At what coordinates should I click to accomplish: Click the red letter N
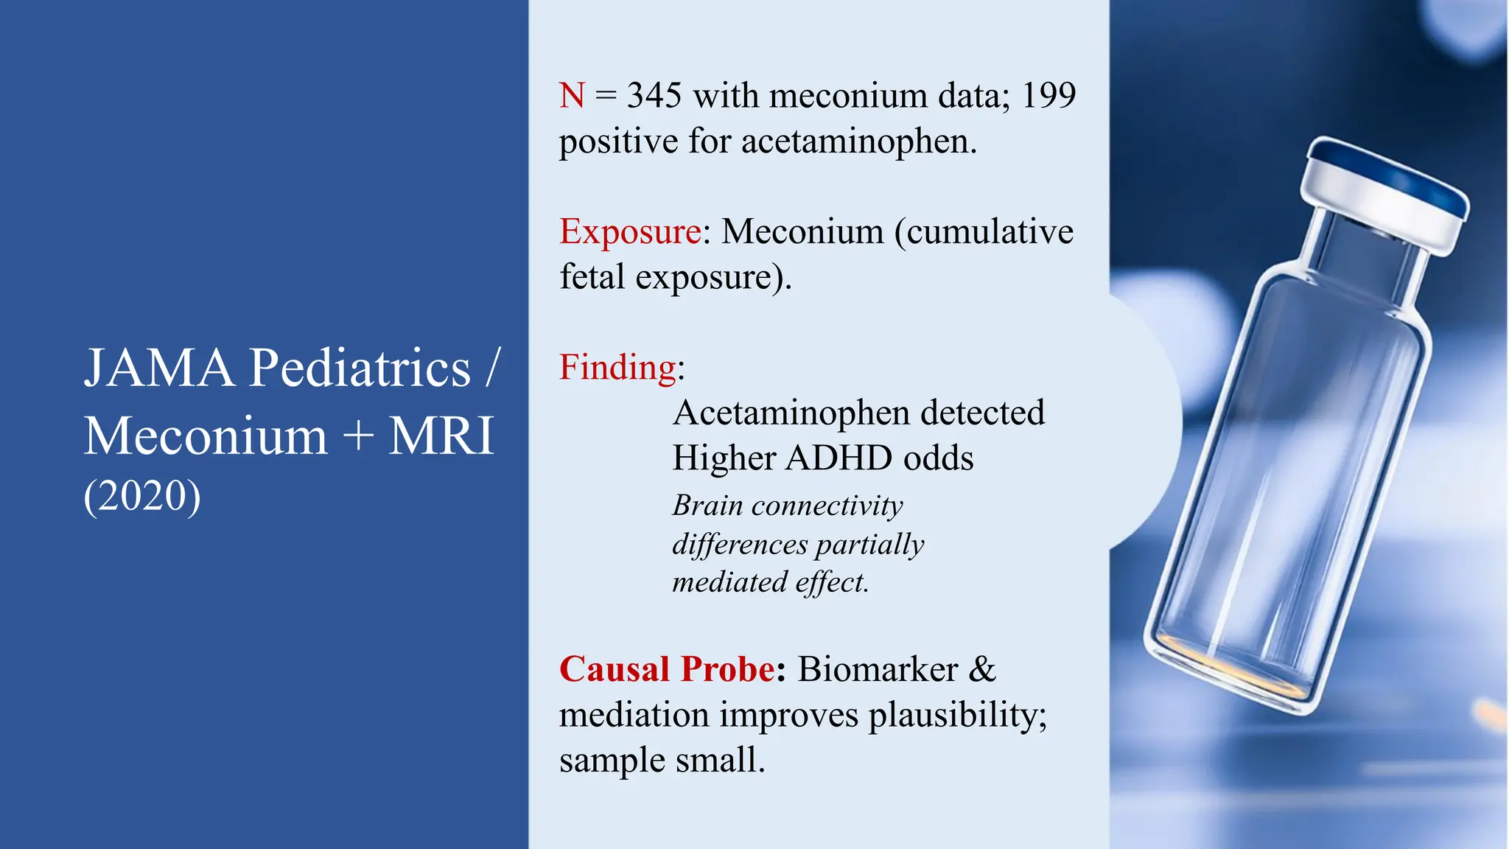[x=572, y=96]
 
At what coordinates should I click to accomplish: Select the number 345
[x=654, y=96]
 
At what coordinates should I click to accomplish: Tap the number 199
[x=1048, y=96]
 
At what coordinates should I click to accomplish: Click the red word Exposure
[x=630, y=232]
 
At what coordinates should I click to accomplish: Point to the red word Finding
[x=617, y=367]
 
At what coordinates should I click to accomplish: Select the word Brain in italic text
[x=707, y=506]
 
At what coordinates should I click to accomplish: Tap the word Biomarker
[x=878, y=669]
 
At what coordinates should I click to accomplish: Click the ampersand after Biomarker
[x=982, y=669]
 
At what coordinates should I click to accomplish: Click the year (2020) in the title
[x=142, y=495]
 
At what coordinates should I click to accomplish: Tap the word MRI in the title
[x=441, y=436]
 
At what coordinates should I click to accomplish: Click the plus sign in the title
[x=358, y=436]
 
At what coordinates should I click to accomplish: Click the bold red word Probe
[x=727, y=669]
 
